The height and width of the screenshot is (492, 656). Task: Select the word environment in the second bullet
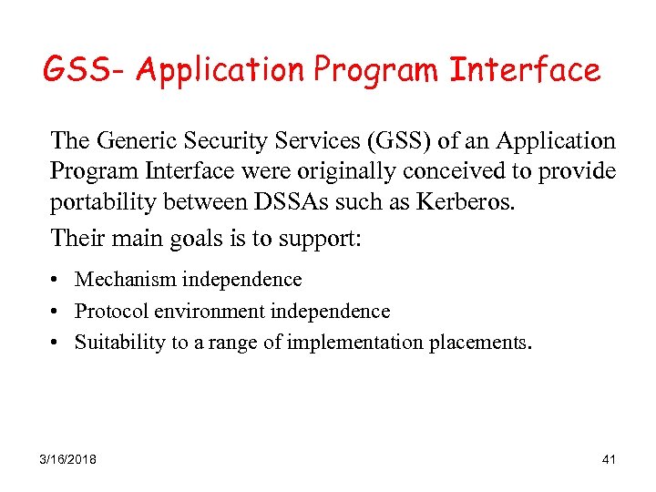coord(210,311)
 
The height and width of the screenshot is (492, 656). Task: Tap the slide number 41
coord(609,459)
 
